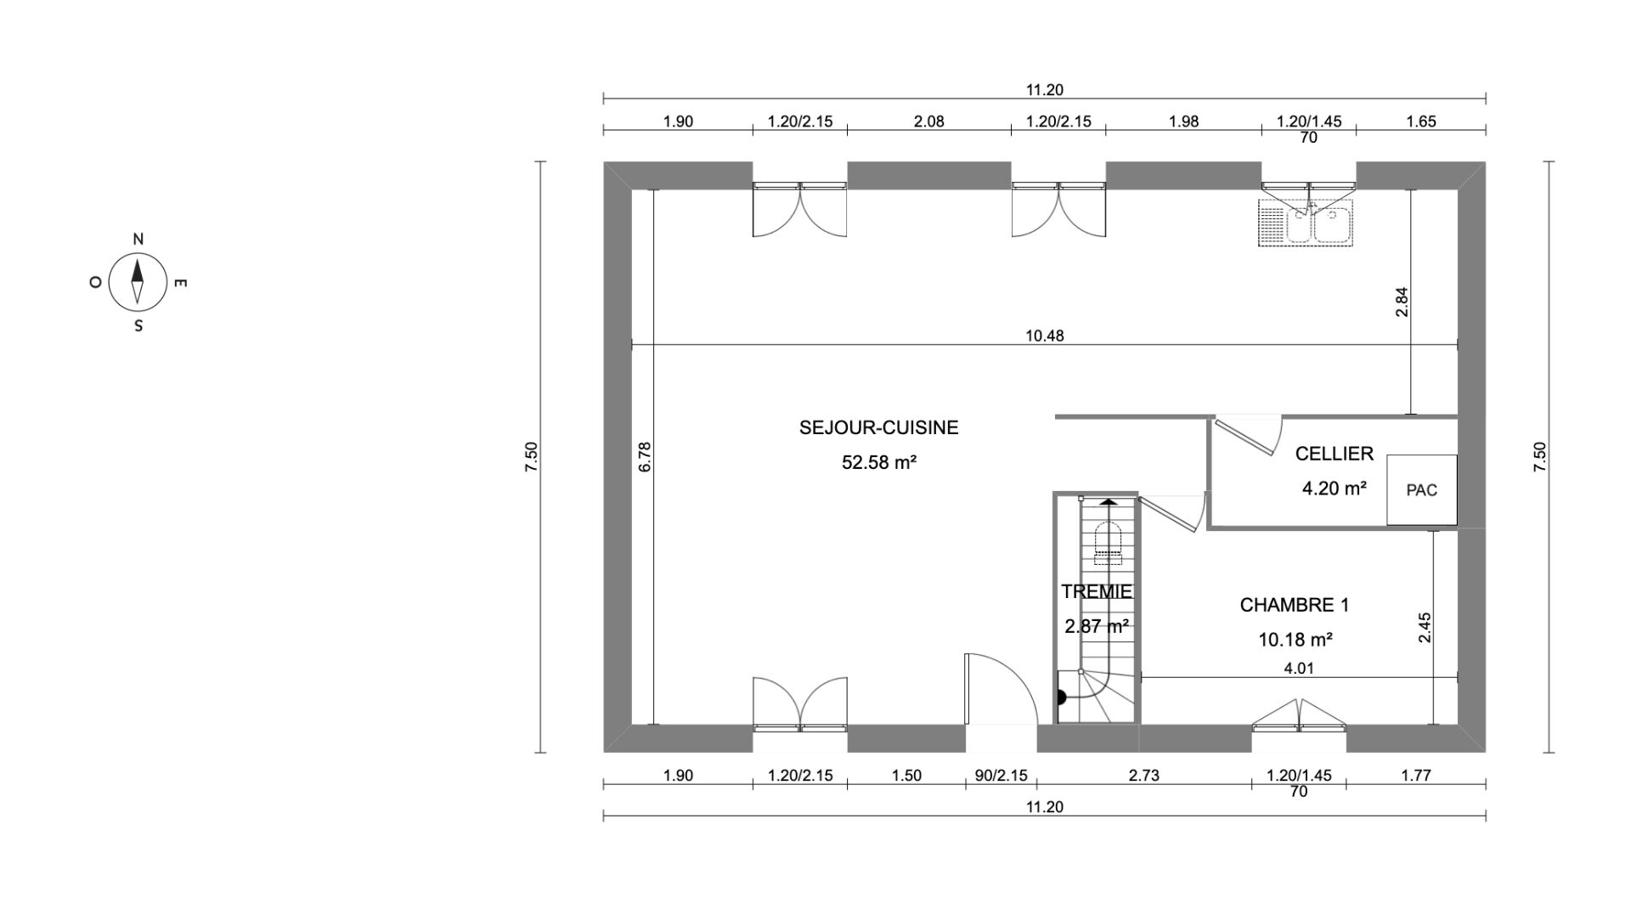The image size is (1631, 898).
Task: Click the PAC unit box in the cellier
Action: click(x=1422, y=490)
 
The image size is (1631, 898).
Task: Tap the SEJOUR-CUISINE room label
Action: click(x=878, y=428)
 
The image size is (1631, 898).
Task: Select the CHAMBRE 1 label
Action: click(x=1295, y=605)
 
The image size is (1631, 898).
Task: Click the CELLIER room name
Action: click(x=1334, y=454)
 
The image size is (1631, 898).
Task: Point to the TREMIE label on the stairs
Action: click(x=1096, y=591)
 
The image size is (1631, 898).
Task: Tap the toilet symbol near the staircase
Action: click(x=1109, y=544)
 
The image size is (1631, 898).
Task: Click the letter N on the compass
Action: click(x=138, y=240)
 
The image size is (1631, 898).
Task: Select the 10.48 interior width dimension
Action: click(x=1044, y=336)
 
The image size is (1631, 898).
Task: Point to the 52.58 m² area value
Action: click(x=878, y=463)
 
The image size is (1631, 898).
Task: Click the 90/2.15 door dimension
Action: click(x=1001, y=775)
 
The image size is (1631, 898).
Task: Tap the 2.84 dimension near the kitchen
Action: click(x=1402, y=302)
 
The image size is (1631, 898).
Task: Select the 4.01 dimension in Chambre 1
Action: click(x=1298, y=669)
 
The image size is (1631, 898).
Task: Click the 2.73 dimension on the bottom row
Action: click(x=1143, y=775)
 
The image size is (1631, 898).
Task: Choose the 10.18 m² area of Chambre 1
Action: click(x=1295, y=640)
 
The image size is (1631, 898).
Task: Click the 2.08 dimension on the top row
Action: click(x=928, y=121)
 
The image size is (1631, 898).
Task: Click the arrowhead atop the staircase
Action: click(x=1109, y=501)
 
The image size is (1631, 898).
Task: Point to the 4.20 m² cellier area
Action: click(x=1334, y=489)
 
